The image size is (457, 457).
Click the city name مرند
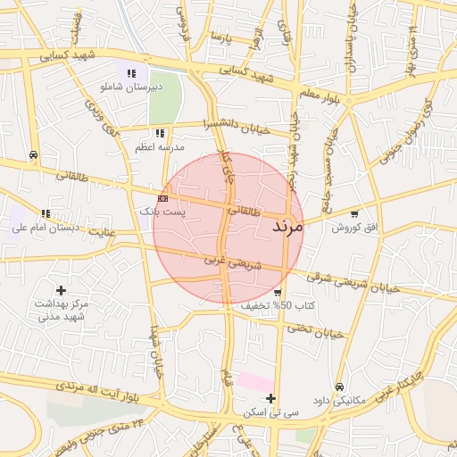(287, 227)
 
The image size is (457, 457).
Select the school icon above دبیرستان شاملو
(131, 73)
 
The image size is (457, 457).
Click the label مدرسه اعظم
(159, 146)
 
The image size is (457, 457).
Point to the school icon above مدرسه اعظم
(160, 133)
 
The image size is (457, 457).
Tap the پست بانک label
(162, 212)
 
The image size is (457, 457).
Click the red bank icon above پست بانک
(162, 197)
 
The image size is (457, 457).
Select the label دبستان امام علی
(45, 228)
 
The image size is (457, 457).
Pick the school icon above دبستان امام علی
(45, 213)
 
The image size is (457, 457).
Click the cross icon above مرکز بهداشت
(61, 289)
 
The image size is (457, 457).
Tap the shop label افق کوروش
(355, 228)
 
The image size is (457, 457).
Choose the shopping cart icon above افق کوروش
(355, 214)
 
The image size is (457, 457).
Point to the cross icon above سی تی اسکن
(272, 398)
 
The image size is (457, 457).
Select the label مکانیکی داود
(340, 401)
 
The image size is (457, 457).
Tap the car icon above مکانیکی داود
(340, 386)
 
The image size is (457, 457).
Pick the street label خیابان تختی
(314, 330)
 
